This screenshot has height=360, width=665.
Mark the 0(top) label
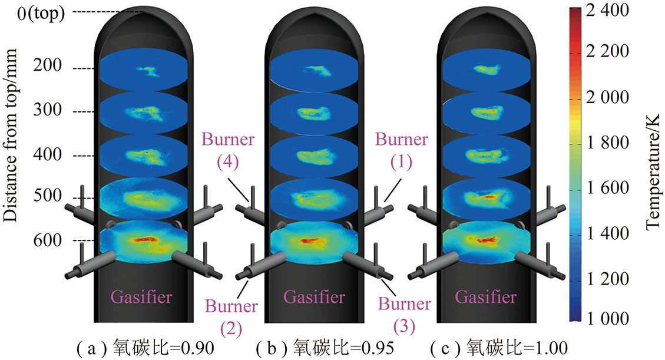41,13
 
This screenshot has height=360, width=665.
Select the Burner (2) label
231,315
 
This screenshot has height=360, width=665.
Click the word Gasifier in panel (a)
144,296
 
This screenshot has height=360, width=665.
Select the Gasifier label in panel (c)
487,296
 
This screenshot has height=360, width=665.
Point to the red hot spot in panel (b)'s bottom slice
311,240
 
